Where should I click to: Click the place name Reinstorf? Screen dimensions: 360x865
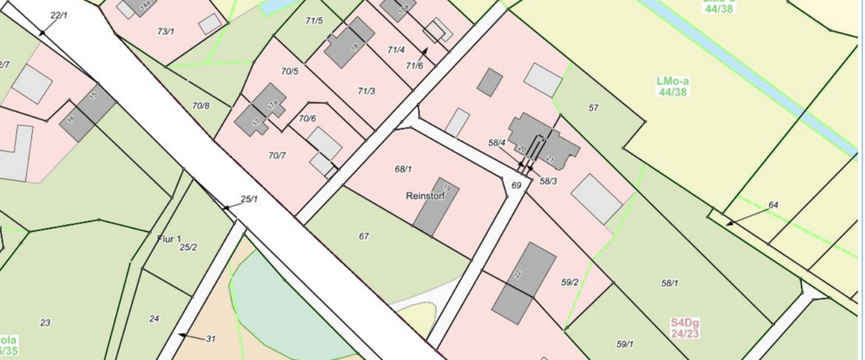coord(424,196)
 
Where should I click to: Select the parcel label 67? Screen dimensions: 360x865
coord(364,236)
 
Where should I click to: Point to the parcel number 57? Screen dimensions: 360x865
coord(593,108)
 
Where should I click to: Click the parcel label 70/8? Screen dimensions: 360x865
coord(201,106)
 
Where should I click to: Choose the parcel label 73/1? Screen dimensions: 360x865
coord(166,32)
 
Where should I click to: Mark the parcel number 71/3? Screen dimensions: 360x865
coord(366,91)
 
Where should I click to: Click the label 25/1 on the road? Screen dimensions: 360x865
coord(249,199)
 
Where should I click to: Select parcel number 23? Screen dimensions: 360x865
coord(45,323)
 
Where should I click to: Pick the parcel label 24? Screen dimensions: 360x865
coord(154,319)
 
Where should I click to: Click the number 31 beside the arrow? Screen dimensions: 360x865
coord(210,338)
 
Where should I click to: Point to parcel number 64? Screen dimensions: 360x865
coord(773,205)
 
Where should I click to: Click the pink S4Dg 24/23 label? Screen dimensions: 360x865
coord(684,326)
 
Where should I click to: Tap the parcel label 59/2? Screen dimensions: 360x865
coord(569,281)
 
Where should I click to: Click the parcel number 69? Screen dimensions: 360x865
coord(516,185)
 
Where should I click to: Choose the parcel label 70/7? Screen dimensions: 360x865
coord(277,156)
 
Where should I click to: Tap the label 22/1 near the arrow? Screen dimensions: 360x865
coord(59,16)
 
